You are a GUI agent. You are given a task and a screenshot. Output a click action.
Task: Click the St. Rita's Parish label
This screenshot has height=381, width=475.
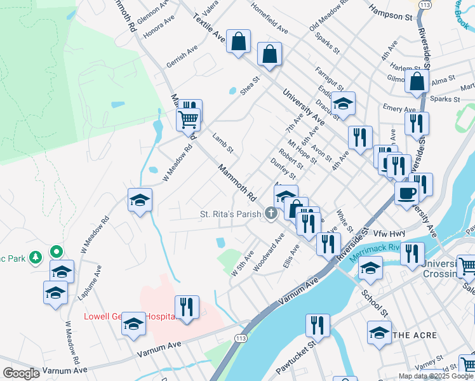point(231,214)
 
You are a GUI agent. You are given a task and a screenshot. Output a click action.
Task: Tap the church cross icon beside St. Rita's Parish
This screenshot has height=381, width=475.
point(272,213)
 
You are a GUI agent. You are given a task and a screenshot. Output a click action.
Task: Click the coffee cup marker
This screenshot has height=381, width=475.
point(406,193)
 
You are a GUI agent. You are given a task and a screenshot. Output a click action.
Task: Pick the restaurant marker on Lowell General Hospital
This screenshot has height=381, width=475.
point(187,307)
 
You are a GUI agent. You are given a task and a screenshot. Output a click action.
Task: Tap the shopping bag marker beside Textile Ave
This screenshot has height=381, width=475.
point(238,43)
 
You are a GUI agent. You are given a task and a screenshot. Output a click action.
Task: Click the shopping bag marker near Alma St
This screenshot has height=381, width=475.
point(418,82)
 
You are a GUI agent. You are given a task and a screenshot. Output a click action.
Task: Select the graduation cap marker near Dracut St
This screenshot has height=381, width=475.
point(343,104)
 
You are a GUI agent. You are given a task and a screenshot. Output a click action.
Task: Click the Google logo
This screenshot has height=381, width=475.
point(22,373)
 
